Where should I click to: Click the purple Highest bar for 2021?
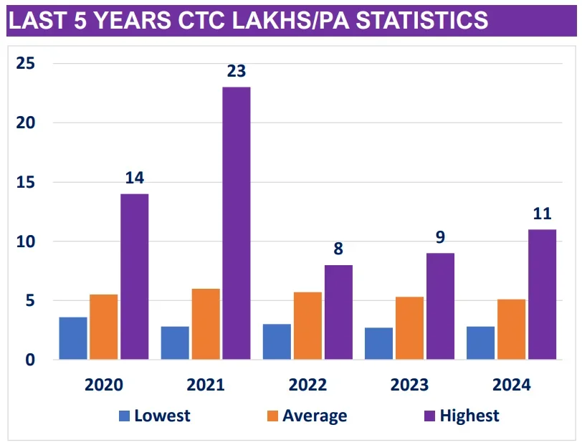pyautogui.click(x=237, y=223)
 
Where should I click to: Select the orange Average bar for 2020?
pyautogui.click(x=104, y=327)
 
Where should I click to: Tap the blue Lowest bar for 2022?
pyautogui.click(x=277, y=341)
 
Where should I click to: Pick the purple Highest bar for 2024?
pyautogui.click(x=542, y=294)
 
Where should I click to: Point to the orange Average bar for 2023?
pyautogui.click(x=409, y=327)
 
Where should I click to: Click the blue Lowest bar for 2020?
pyautogui.click(x=73, y=338)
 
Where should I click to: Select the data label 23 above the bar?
pyautogui.click(x=237, y=72)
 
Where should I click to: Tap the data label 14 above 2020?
pyautogui.click(x=135, y=178)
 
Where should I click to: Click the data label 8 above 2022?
pyautogui.click(x=338, y=249)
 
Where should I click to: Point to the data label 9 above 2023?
pyautogui.click(x=440, y=238)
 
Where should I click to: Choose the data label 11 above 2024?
pyautogui.click(x=542, y=214)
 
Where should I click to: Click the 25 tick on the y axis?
pyautogui.click(x=27, y=64)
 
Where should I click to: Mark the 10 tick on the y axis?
pyautogui.click(x=27, y=241)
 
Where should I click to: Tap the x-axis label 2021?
pyautogui.click(x=206, y=385)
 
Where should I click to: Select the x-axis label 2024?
pyautogui.click(x=512, y=385)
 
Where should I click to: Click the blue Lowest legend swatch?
pyautogui.click(x=125, y=416)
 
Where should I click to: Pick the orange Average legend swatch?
pyautogui.click(x=273, y=416)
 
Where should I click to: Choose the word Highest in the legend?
pyautogui.click(x=469, y=416)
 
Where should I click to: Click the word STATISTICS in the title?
pyautogui.click(x=422, y=21)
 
